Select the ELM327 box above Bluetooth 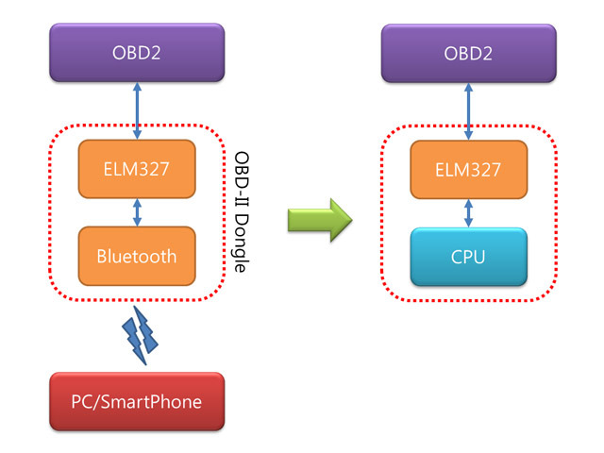pyautogui.click(x=137, y=169)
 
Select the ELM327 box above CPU pyautogui.click(x=468, y=169)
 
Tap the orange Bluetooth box pyautogui.click(x=137, y=255)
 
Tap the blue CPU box pyautogui.click(x=468, y=255)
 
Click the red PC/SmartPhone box pyautogui.click(x=137, y=400)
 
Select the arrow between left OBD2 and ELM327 pyautogui.click(x=138, y=109)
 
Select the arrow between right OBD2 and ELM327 pyautogui.click(x=469, y=109)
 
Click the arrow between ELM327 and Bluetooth pyautogui.click(x=138, y=212)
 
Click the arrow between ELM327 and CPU pyautogui.click(x=469, y=212)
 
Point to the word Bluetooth pyautogui.click(x=137, y=255)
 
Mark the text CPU pyautogui.click(x=468, y=255)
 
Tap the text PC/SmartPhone pyautogui.click(x=137, y=400)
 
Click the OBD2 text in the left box pyautogui.click(x=137, y=52)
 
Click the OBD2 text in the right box pyautogui.click(x=468, y=52)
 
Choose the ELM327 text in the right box pyautogui.click(x=468, y=169)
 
